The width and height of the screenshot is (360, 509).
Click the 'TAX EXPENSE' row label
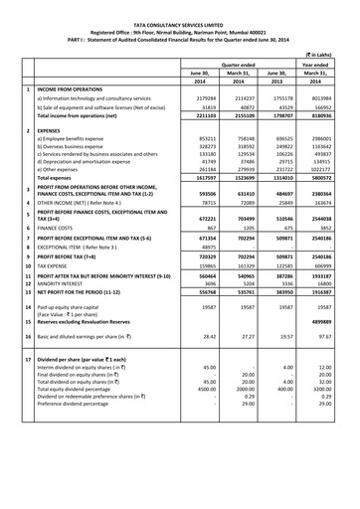(59, 267)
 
